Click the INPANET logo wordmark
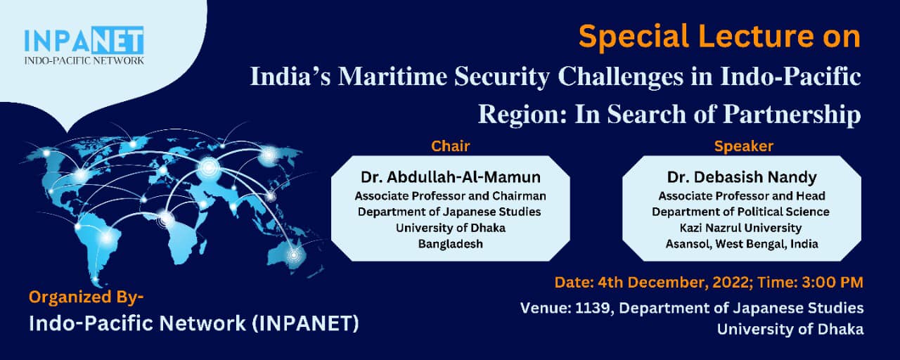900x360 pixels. [84, 40]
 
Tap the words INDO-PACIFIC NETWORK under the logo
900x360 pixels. [84, 60]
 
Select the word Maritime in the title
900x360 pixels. [392, 77]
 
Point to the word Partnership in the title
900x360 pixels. [792, 115]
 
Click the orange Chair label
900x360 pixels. [451, 146]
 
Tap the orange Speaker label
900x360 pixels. [744, 146]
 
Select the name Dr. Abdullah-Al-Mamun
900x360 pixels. [451, 177]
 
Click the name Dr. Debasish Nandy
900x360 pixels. [742, 177]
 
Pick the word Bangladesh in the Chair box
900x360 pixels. [451, 244]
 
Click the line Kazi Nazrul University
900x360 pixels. [740, 228]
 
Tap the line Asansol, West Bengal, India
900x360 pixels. [742, 244]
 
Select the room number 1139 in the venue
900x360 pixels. [592, 308]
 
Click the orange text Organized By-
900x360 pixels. [86, 297]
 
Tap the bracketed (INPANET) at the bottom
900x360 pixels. [305, 324]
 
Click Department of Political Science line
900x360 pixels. [740, 212]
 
